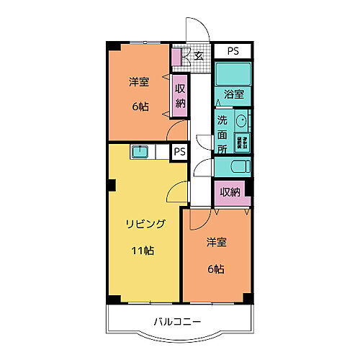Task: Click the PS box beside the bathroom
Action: coord(232,50)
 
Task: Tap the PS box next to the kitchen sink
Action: coord(179,152)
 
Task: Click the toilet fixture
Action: coord(233,166)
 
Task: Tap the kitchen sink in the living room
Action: coord(140,151)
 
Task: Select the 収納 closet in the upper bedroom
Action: coord(180,96)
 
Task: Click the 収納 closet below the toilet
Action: coord(230,192)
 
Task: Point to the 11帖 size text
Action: coord(143,251)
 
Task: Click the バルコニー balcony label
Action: coord(176,321)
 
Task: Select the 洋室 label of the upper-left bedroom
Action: coord(139,82)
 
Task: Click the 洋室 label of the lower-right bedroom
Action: coord(217,242)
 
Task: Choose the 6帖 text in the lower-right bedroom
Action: coord(215,269)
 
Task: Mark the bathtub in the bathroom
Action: coord(232,75)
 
